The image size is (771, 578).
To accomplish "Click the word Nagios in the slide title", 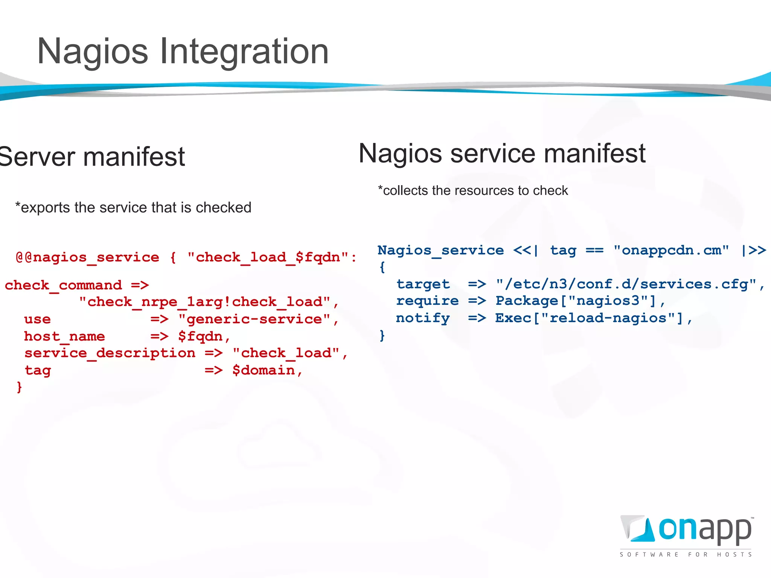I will click(93, 52).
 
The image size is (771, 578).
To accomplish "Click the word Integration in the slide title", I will click(244, 52).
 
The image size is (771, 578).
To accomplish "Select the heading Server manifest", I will click(92, 157).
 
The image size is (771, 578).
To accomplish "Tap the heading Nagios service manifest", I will click(502, 153).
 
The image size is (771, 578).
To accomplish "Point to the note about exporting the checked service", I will click(133, 207).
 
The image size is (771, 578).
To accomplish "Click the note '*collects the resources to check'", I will click(473, 190).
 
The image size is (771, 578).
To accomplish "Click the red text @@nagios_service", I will click(87, 257).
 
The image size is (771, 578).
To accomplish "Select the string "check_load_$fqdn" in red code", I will click(268, 257).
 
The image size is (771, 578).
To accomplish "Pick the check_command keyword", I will click(63, 285).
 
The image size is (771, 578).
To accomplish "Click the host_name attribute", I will click(64, 336).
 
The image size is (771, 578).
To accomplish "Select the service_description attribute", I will click(110, 353).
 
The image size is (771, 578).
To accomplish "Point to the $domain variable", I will click(263, 370).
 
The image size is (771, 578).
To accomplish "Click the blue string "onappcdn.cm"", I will click(671, 250).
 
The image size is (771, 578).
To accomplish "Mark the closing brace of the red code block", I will click(19, 387).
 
